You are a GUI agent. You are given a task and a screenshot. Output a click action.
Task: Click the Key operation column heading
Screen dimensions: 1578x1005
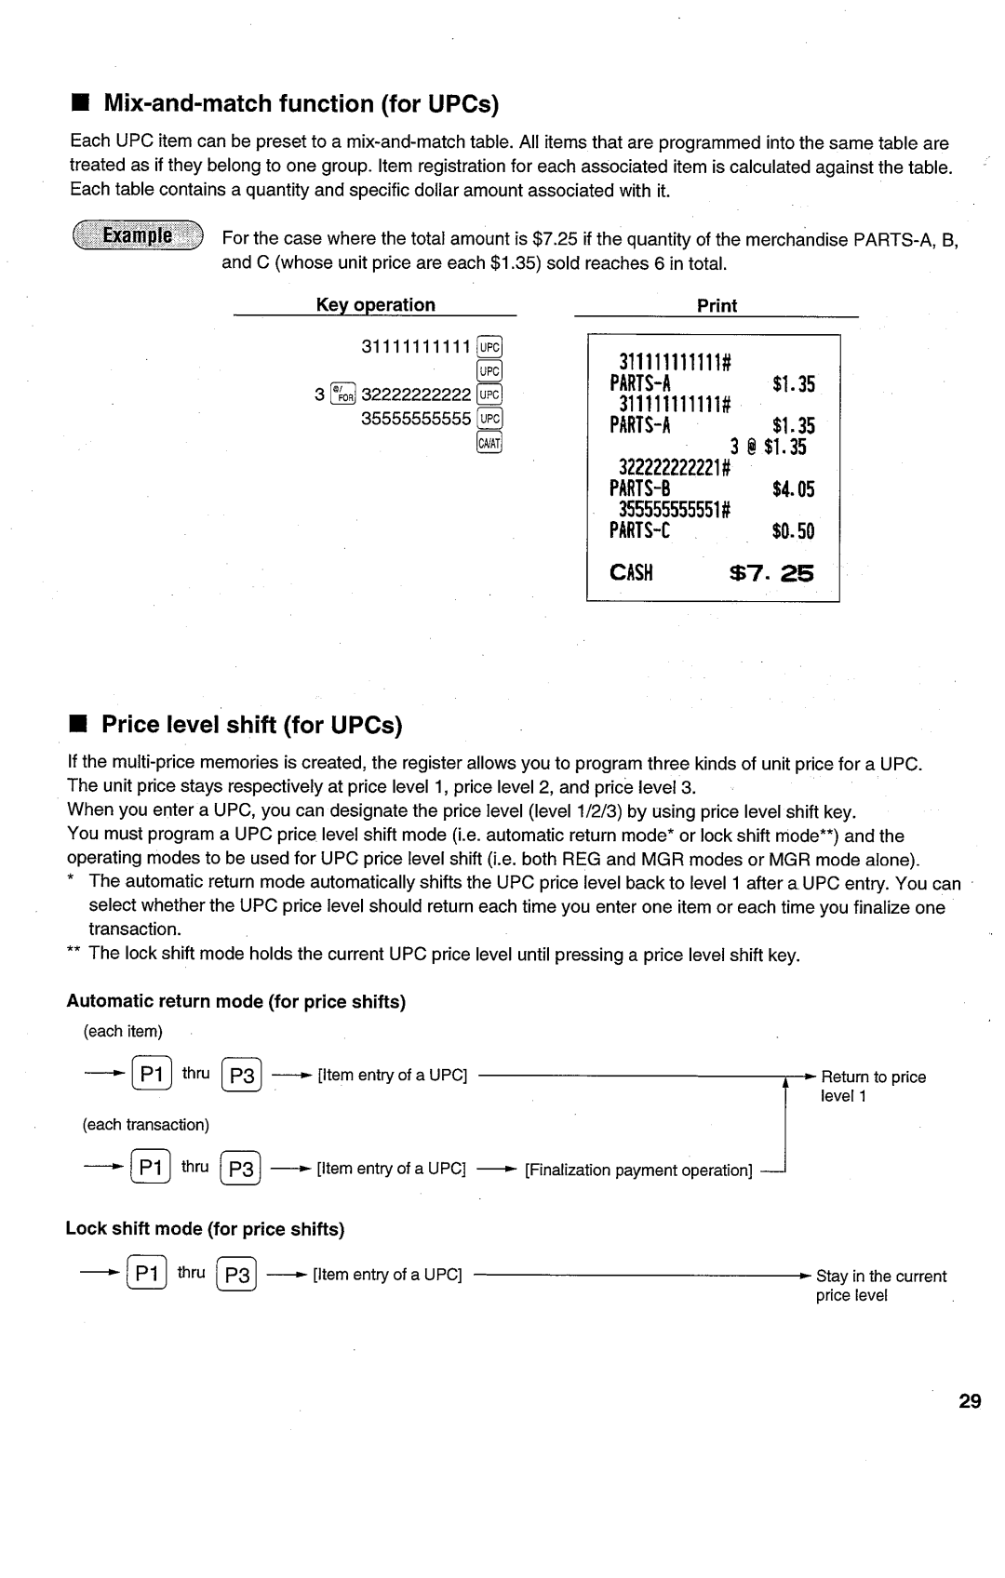(x=375, y=305)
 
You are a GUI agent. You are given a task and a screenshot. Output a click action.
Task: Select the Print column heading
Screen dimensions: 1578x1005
(x=717, y=306)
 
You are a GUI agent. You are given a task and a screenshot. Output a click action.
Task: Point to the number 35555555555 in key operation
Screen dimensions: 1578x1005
(x=416, y=419)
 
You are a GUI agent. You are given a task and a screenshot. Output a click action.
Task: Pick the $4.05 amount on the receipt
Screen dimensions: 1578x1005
(x=793, y=489)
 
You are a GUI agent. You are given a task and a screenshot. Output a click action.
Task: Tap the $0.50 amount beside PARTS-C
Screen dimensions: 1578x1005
(x=793, y=531)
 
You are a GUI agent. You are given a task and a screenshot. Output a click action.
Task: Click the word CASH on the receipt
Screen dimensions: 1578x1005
(x=632, y=573)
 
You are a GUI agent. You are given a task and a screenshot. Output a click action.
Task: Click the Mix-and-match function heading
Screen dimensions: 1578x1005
(x=301, y=103)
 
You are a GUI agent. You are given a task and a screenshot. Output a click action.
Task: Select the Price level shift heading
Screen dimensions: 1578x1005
(x=251, y=724)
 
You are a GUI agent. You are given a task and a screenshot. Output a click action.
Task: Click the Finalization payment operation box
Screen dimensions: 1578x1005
(x=638, y=1170)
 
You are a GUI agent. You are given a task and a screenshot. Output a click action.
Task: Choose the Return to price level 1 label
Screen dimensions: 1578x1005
(x=873, y=1086)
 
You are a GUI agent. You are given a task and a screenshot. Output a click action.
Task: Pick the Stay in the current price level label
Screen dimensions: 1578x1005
(x=880, y=1285)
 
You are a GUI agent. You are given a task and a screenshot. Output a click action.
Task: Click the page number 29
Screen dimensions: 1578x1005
(x=970, y=1401)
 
